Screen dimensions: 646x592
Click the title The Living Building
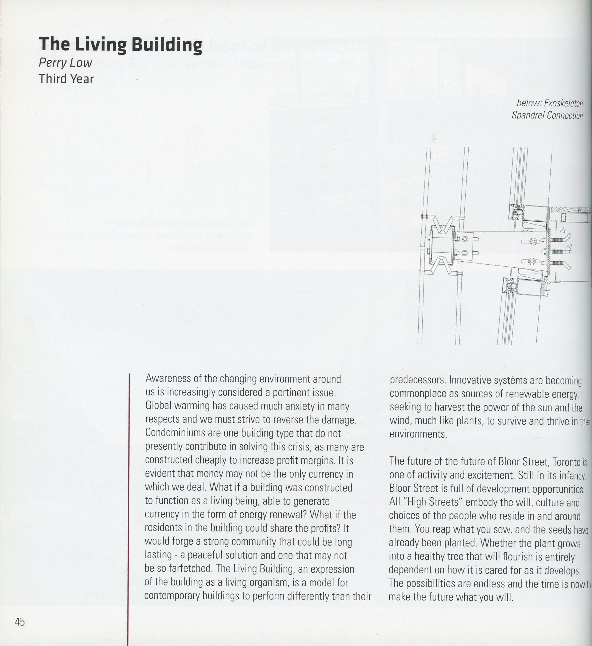click(x=121, y=45)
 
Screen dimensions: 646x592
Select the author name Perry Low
click(x=65, y=63)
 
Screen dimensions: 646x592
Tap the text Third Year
click(x=66, y=79)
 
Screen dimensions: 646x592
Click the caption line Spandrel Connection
click(x=547, y=115)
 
